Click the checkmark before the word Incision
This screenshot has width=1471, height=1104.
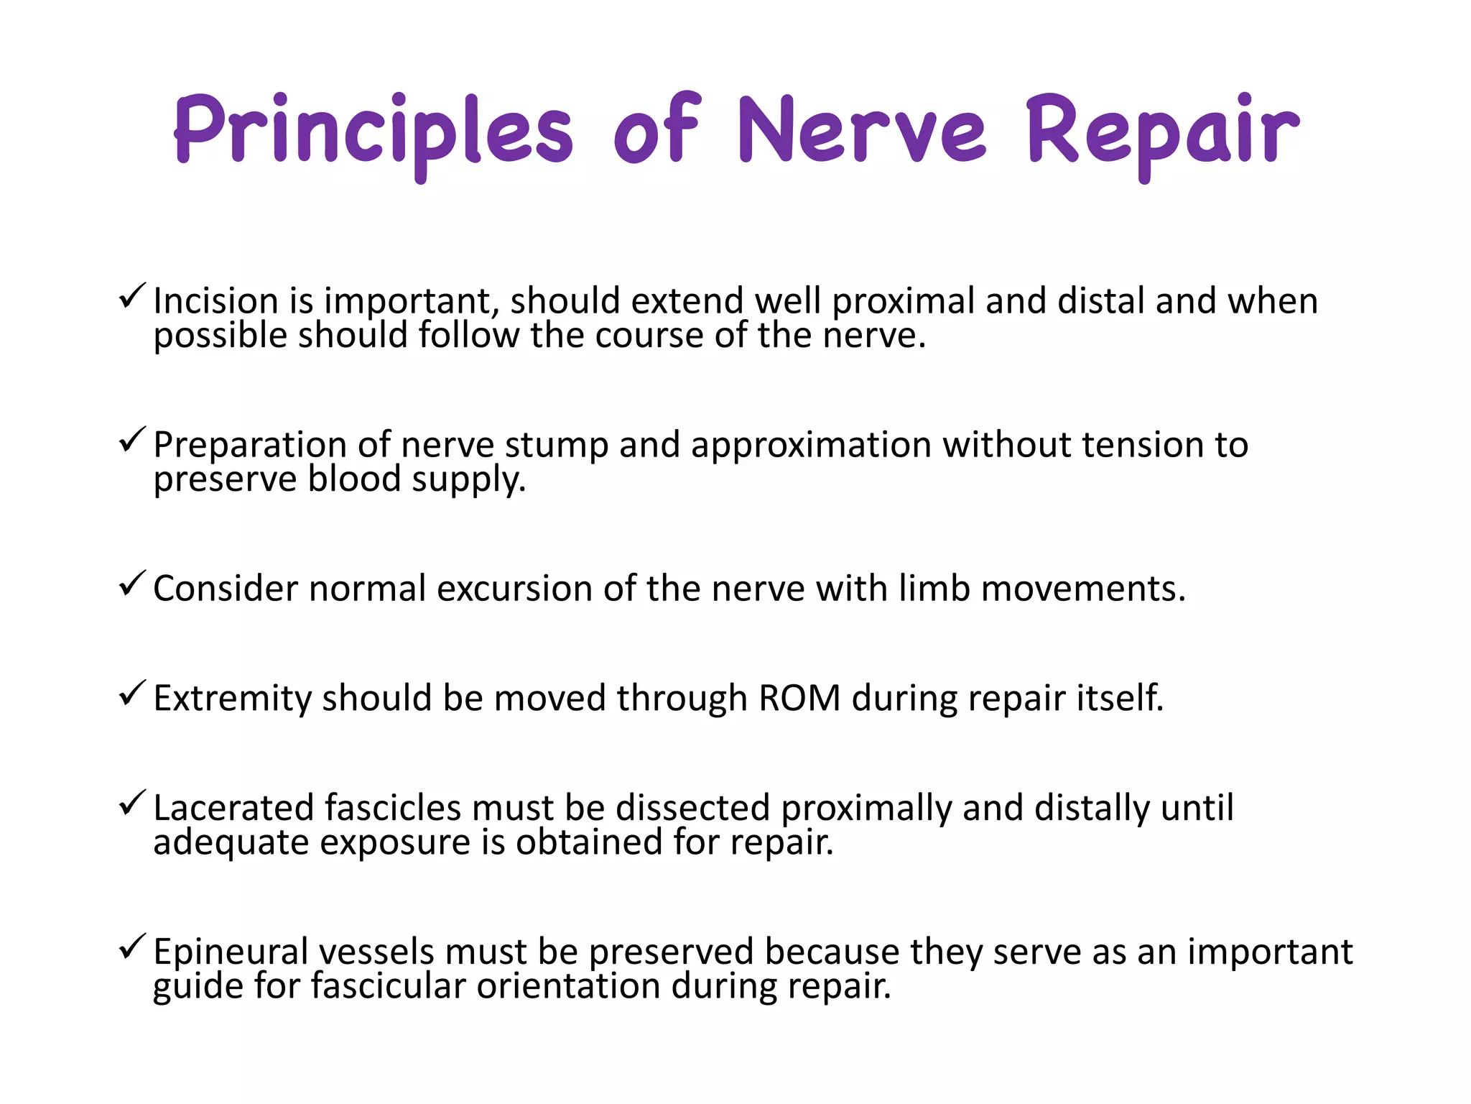(x=132, y=295)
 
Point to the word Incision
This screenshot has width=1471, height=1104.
(x=215, y=300)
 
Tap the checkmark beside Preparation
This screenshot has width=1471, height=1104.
(x=132, y=439)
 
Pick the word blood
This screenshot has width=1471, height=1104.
(x=353, y=479)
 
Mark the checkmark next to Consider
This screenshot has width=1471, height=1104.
(x=132, y=583)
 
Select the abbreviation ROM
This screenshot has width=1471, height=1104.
(x=799, y=698)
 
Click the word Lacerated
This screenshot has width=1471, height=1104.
(x=234, y=807)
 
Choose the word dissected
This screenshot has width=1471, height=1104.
(x=692, y=807)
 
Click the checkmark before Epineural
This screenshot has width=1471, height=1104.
(x=132, y=947)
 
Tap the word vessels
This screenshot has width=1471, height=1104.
(x=376, y=952)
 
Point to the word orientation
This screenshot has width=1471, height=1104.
(x=568, y=985)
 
